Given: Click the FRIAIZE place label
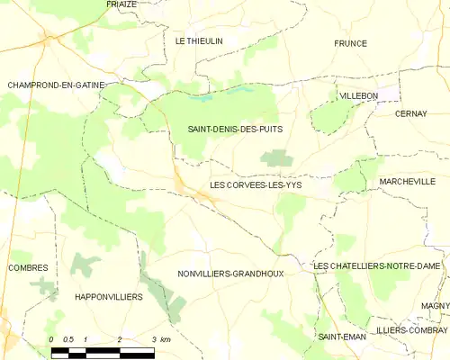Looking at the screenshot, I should point(121,4).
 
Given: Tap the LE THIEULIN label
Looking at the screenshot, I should point(198,41).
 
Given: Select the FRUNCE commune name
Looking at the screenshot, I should point(351,43).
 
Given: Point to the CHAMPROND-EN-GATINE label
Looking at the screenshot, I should point(56,85).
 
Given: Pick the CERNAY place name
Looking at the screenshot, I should point(410,113).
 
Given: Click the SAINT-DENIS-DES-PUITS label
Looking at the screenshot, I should point(234,130).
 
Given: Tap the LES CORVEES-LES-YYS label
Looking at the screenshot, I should point(256,184).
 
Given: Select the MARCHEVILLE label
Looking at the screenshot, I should point(407,181).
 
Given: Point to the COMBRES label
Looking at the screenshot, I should point(28,267).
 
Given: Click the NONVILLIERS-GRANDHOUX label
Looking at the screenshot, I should point(230,273).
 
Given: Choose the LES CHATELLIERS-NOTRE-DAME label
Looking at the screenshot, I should point(377,266).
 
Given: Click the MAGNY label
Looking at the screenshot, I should point(435,306).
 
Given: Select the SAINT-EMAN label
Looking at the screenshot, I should point(340,336).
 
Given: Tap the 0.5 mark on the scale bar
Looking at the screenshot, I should point(68,338).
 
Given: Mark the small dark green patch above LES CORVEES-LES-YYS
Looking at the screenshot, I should point(276,158).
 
